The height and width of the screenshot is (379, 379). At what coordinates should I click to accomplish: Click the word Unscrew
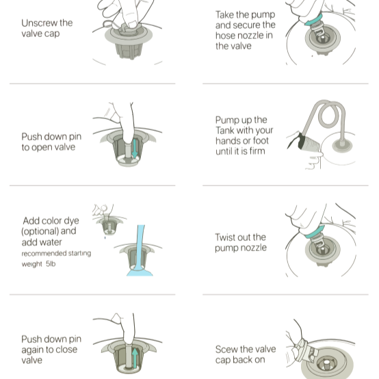point(40,23)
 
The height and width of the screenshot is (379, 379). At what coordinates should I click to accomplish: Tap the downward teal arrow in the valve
point(135,148)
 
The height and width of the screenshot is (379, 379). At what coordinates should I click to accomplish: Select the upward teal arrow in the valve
point(135,358)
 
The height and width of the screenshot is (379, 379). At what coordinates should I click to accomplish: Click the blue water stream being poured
point(140,250)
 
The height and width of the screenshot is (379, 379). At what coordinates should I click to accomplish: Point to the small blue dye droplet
point(105,237)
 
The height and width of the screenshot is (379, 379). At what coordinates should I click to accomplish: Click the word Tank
point(225,131)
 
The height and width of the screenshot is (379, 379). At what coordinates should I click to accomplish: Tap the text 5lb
point(51,263)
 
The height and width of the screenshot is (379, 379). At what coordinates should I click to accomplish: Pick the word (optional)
point(40,231)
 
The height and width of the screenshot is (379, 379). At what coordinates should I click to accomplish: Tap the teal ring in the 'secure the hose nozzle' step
point(313,19)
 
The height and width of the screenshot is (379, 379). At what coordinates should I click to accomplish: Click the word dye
point(70,221)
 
